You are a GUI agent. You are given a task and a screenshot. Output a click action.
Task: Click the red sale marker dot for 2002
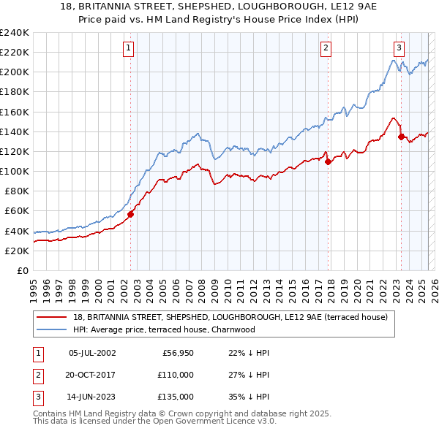(131, 214)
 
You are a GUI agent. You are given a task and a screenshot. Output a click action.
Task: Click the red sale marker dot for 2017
(328, 161)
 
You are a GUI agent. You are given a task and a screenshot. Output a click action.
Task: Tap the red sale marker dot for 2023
(401, 136)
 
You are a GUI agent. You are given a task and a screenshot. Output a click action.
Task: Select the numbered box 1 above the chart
(128, 48)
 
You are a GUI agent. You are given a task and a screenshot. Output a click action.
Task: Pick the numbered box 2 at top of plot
(325, 48)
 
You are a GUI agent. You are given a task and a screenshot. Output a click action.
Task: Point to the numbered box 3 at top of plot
(399, 48)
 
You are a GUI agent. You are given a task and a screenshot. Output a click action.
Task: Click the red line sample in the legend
(53, 317)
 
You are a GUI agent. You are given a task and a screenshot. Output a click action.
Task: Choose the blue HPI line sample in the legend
(53, 329)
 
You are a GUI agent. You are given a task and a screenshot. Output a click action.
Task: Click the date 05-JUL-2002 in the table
(91, 353)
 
